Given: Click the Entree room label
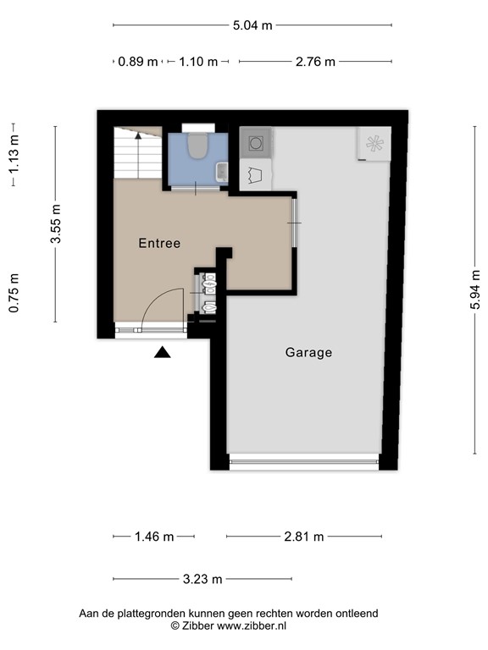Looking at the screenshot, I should pos(159,243).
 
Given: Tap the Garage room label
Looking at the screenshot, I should pos(308,352).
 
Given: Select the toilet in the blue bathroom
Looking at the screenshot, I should pos(197,146).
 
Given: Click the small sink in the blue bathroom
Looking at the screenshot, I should pos(222,172).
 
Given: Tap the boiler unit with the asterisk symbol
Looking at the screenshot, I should pos(374,144).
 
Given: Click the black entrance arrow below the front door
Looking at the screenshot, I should pos(163,352).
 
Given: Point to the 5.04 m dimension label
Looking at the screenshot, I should pos(252,25).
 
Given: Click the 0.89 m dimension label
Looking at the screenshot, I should pos(138,61).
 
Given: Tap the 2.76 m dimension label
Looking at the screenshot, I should pos(314,61).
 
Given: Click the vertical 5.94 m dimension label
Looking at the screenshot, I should pos(475,289).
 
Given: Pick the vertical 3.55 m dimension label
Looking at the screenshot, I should pos(56,224).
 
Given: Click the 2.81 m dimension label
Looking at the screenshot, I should pos(303,537).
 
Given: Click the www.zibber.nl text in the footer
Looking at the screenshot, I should pos(252,625).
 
